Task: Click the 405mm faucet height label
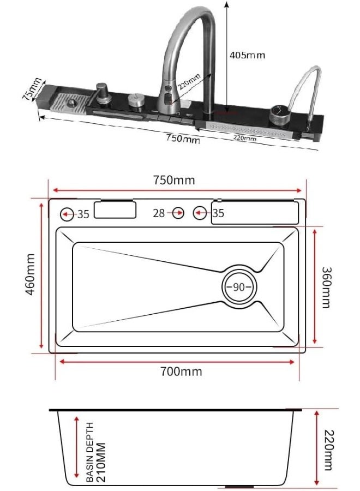point(247,56)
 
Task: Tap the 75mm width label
point(32,88)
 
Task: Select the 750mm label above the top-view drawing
point(174,180)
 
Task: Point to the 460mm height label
point(31,274)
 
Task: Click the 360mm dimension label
point(327,288)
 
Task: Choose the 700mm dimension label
point(181,372)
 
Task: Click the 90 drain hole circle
point(239,287)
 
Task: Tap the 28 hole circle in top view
point(178,213)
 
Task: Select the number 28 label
point(159,213)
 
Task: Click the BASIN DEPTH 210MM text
point(96,452)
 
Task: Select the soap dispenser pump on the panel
point(102,93)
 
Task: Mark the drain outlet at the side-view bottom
point(240,487)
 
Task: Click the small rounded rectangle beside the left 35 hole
point(115,210)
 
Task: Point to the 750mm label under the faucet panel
point(183,138)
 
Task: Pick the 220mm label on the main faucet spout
point(190,82)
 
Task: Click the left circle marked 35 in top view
point(67,214)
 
